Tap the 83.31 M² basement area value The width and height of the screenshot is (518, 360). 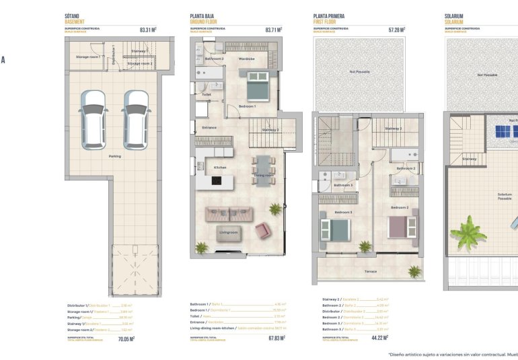[x=147, y=30]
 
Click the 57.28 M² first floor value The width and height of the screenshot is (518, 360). [x=398, y=30]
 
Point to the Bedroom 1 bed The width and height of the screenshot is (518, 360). [x=256, y=85]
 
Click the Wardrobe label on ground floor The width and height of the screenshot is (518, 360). [x=246, y=59]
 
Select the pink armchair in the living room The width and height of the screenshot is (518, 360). [x=262, y=230]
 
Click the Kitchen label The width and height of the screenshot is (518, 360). [x=220, y=167]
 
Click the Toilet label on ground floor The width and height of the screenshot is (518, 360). [x=207, y=95]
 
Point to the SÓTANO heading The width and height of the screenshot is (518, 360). [x=73, y=15]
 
